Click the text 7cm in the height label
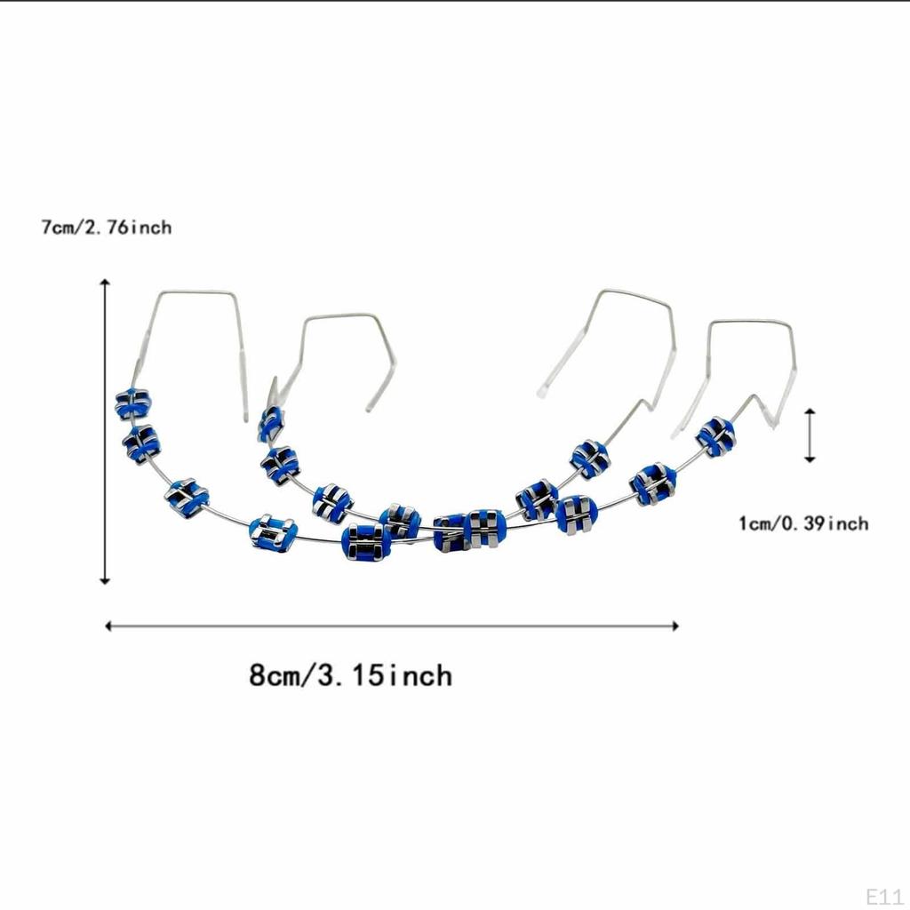59,227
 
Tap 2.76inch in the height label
128,227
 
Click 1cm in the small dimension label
755,523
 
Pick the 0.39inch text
825,523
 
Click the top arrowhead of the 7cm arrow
105,282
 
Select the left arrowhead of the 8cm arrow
109,626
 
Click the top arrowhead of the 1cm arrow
809,412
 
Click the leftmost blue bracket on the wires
133,403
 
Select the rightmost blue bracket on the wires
715,435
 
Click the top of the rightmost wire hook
751,323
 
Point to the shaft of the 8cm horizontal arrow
391,626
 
